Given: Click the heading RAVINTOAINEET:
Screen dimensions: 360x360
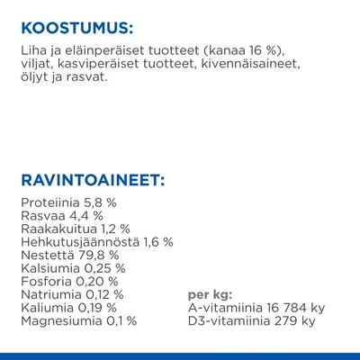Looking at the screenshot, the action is click(92, 182).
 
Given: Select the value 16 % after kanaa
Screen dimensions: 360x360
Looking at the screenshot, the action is click(237, 52).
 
